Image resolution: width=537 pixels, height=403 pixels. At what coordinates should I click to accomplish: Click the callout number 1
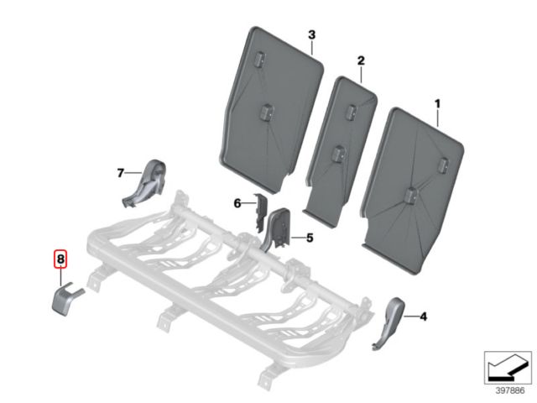click(437, 104)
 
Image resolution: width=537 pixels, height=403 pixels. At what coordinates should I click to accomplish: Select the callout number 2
click(361, 61)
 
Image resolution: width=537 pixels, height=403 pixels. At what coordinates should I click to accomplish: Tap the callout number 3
click(311, 34)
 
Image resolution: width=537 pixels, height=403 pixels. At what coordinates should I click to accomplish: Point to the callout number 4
click(423, 317)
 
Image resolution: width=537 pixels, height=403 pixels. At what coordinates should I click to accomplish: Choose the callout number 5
click(310, 238)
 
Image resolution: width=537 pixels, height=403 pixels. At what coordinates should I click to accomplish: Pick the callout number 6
click(237, 203)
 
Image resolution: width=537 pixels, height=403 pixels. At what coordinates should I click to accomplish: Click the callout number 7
click(120, 173)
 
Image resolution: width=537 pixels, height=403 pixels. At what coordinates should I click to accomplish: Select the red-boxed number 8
click(60, 259)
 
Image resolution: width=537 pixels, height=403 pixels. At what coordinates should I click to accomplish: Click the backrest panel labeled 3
click(270, 110)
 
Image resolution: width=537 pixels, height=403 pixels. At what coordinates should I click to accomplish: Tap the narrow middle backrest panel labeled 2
click(341, 151)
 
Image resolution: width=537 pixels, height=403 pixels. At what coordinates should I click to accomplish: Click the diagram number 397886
click(510, 390)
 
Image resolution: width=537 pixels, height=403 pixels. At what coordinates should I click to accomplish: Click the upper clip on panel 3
click(259, 58)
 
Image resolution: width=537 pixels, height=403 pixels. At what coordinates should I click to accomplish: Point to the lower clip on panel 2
click(339, 153)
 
